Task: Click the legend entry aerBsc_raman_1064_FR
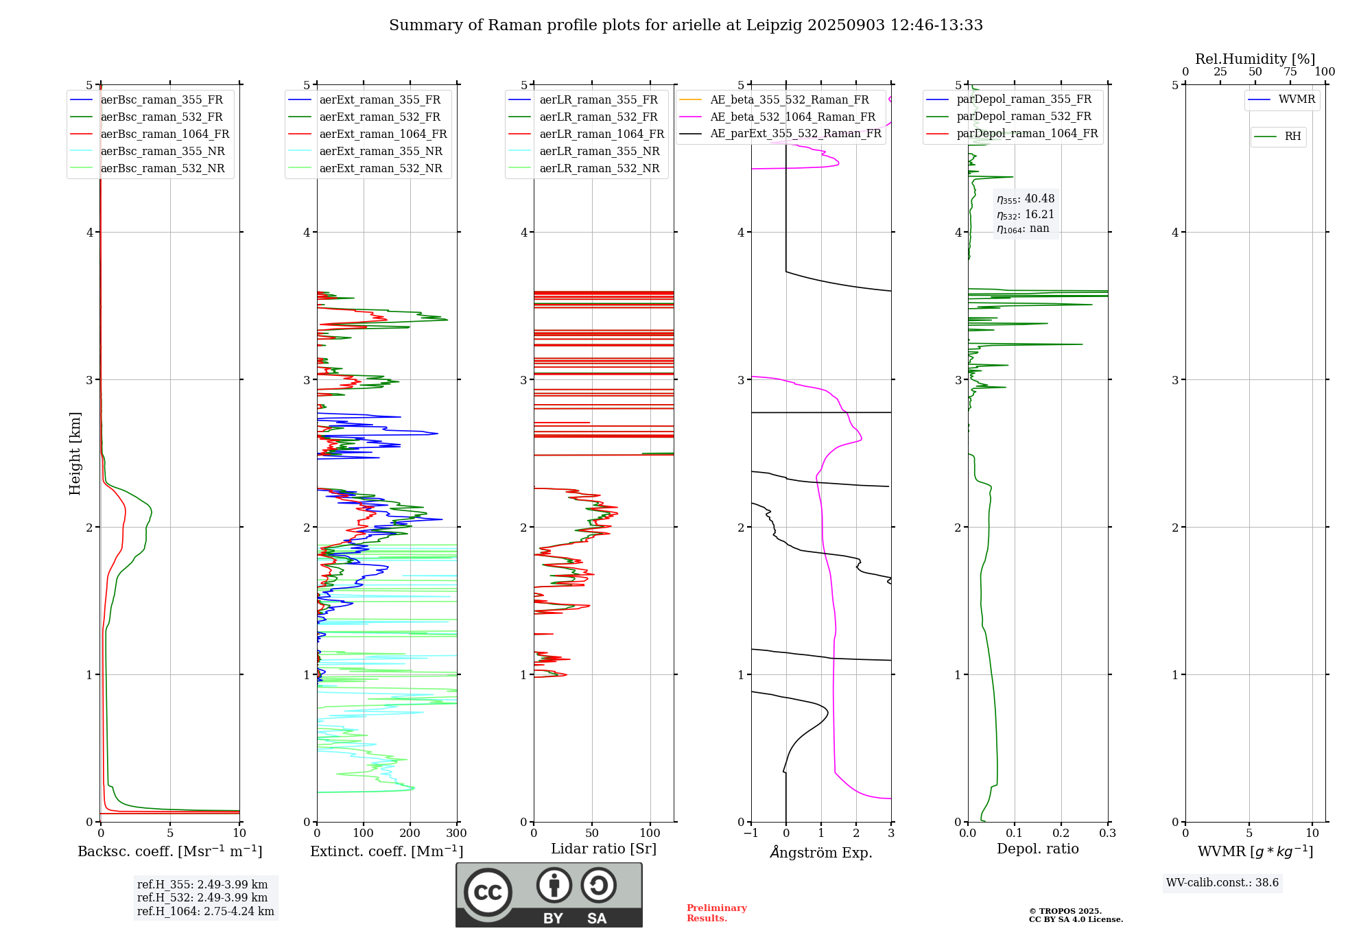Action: (x=165, y=134)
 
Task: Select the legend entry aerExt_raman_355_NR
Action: (x=381, y=152)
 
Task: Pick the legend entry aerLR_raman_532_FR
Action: (x=598, y=117)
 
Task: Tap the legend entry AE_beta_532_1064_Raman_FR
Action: (x=792, y=117)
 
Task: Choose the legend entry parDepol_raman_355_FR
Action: (x=1024, y=99)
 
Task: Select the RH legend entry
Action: (x=1292, y=137)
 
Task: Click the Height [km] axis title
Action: (x=75, y=453)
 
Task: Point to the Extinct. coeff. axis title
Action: (x=387, y=851)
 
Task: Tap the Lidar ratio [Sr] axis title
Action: (x=604, y=849)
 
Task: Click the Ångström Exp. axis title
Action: (x=821, y=852)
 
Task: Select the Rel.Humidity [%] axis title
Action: (x=1255, y=59)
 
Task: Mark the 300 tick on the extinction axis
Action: (x=457, y=834)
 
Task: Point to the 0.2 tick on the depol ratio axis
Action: (x=1061, y=834)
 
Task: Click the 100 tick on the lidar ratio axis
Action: (x=650, y=834)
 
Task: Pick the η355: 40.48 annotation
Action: (x=1026, y=199)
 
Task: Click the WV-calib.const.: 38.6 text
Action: (x=1222, y=883)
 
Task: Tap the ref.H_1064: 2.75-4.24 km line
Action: (x=206, y=912)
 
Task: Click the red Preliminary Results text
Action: (x=716, y=913)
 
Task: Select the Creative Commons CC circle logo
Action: (x=488, y=893)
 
